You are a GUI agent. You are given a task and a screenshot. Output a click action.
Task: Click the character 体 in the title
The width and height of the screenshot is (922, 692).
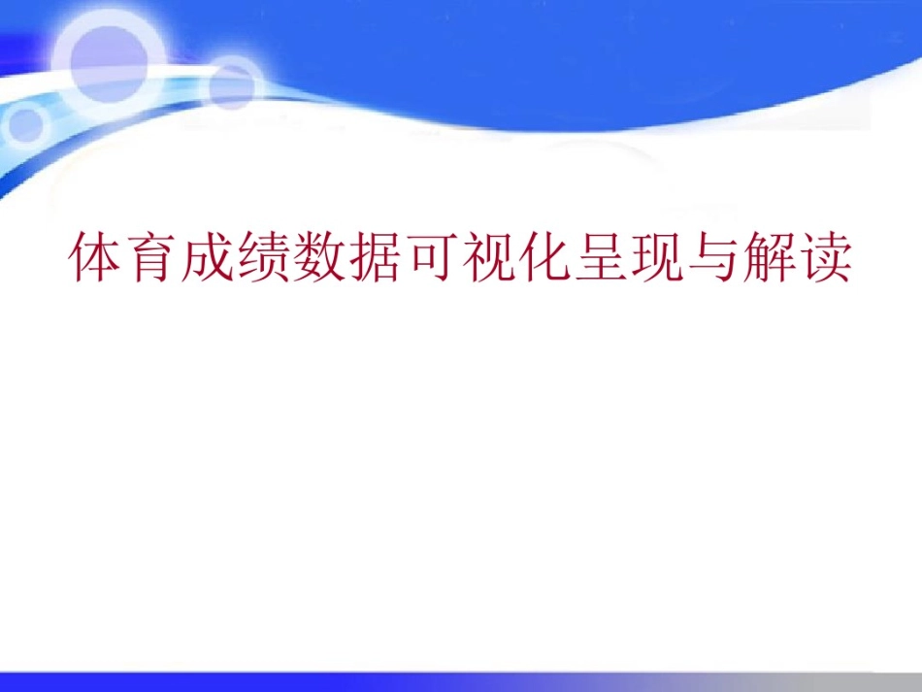96,258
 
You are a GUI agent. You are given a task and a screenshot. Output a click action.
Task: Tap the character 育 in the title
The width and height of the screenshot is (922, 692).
152,258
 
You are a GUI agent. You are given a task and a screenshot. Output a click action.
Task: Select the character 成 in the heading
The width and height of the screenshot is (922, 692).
208,258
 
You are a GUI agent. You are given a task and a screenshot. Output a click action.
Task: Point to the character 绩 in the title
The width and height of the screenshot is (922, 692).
264,258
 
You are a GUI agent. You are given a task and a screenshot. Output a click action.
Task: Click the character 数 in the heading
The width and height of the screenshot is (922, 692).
320,258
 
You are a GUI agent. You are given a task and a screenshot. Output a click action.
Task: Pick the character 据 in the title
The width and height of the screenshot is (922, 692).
377,258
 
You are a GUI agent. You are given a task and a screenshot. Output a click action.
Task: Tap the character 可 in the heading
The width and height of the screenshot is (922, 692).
433,258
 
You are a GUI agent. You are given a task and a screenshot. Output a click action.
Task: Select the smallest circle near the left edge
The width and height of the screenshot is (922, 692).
26,123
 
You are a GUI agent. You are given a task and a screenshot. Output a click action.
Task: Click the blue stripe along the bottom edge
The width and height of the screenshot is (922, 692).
461,681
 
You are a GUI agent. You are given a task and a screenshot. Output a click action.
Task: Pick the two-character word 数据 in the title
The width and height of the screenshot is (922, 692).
348,258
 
